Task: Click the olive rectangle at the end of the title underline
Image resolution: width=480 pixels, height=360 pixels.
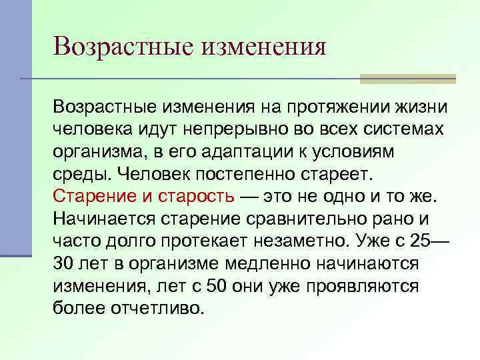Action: point(407,79)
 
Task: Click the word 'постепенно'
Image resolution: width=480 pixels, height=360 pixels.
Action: point(241,174)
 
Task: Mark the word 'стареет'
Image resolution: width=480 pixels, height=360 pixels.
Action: point(339,174)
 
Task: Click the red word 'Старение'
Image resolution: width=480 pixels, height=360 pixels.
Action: point(93,197)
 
